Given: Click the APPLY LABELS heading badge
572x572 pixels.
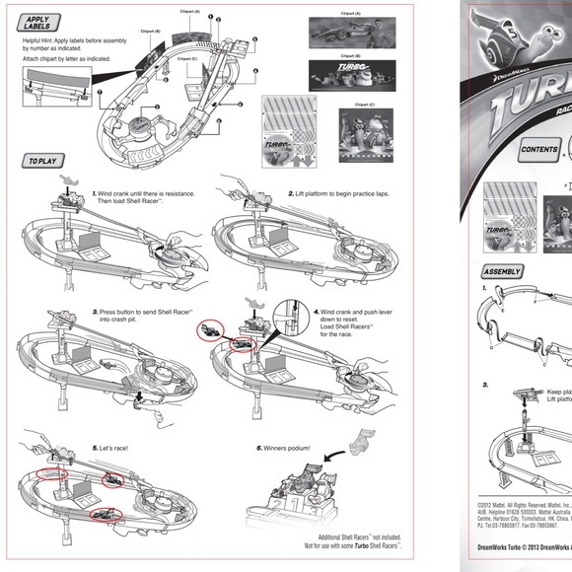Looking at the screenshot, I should (37, 23).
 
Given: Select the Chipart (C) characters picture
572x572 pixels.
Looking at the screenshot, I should (365, 137).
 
